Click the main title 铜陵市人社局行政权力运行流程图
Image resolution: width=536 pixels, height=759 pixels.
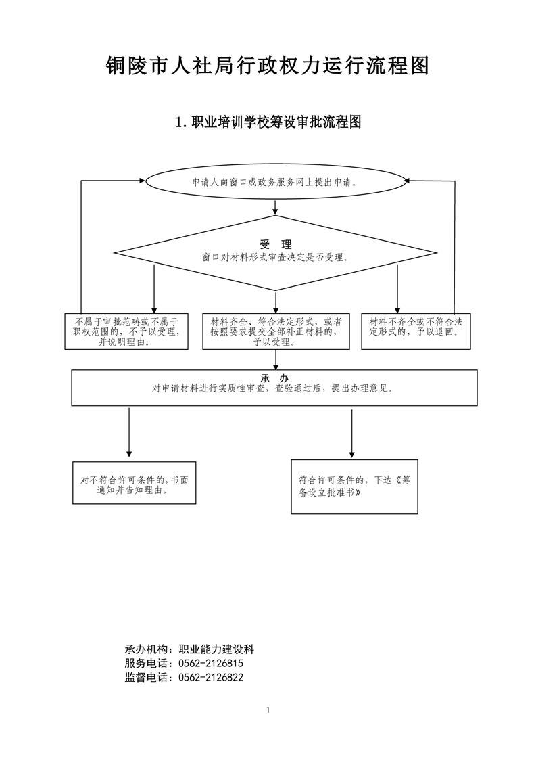(x=268, y=66)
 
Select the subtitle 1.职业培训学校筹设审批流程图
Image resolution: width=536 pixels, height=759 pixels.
(x=268, y=122)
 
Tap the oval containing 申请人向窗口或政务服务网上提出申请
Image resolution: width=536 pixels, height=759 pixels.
(x=275, y=182)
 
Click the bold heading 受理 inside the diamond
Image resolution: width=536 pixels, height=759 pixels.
(x=276, y=244)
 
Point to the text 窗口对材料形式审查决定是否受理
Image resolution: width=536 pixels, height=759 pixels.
(x=275, y=258)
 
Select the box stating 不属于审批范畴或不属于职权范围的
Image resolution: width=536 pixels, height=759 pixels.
(x=126, y=331)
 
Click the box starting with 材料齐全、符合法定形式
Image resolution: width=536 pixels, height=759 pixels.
(x=276, y=331)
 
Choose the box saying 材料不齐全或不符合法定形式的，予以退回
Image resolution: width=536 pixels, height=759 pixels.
(x=416, y=331)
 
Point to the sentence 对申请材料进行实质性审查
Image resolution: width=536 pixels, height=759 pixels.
(x=272, y=388)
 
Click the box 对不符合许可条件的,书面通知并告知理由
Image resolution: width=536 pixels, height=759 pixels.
(x=135, y=482)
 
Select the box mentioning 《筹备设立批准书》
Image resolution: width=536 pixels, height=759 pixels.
(x=355, y=486)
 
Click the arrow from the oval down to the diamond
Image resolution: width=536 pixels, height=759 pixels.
(x=275, y=207)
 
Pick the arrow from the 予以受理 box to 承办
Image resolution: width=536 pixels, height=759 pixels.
(x=276, y=360)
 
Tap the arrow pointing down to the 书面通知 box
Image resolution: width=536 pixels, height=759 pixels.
(x=129, y=432)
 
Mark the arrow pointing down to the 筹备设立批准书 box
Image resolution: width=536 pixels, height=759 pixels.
(x=351, y=433)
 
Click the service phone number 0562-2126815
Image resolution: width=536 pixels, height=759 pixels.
(x=211, y=663)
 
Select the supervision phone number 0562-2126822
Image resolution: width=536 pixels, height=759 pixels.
(x=211, y=677)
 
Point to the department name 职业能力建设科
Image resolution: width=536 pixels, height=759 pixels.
(x=216, y=649)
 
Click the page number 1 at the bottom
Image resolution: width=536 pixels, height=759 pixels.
(x=268, y=710)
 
